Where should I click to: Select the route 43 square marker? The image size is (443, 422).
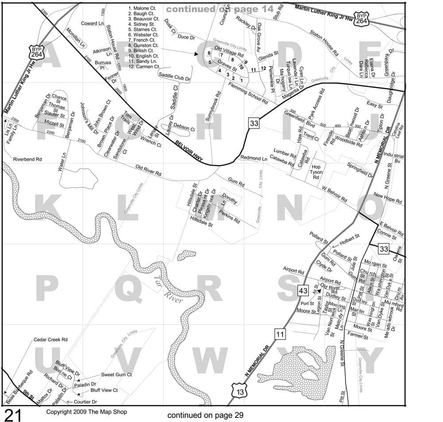[303, 291]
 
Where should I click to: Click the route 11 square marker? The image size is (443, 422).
[280, 334]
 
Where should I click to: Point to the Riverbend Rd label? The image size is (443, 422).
[27, 159]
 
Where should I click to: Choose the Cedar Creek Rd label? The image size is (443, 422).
[51, 340]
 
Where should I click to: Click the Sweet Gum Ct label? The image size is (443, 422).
[117, 375]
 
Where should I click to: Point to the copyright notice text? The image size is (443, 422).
[86, 412]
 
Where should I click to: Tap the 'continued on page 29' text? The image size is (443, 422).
[205, 415]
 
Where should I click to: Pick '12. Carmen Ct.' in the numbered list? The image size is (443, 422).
[144, 66]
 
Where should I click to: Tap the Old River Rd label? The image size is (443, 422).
[148, 170]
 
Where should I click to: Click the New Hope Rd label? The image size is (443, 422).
[388, 198]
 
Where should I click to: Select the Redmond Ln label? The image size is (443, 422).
[254, 158]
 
